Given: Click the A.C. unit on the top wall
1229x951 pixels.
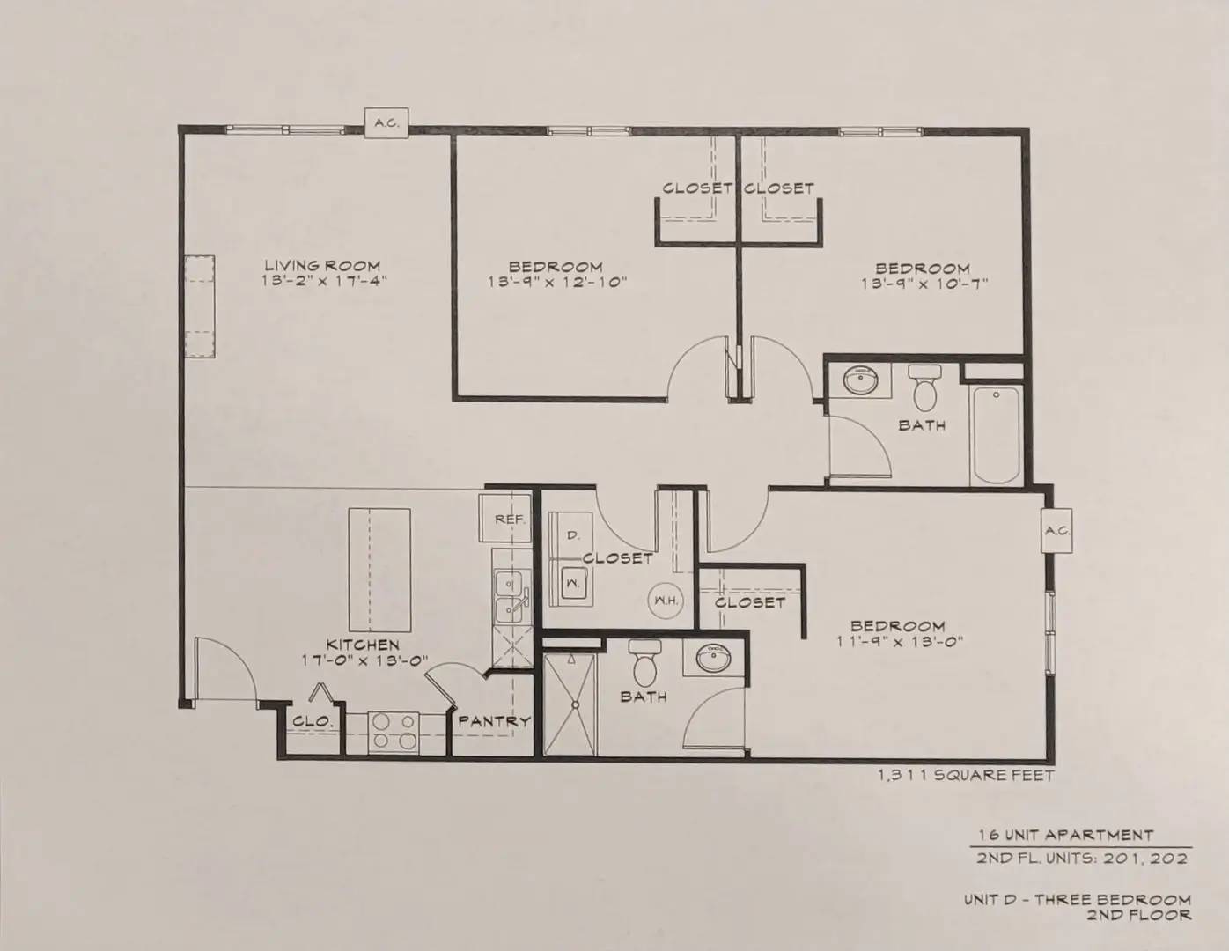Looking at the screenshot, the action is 386,122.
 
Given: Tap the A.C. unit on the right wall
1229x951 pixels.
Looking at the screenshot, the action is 1056,531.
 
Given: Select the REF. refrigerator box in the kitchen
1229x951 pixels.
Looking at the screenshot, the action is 505,519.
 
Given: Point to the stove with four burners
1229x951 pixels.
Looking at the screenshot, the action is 394,733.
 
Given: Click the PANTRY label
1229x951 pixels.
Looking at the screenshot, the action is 494,721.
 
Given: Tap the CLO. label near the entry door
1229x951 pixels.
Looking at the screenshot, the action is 312,721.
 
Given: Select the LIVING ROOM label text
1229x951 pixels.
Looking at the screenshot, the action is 322,265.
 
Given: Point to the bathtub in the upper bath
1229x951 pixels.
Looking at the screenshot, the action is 997,434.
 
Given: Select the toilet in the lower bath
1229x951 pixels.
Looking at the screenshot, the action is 644,663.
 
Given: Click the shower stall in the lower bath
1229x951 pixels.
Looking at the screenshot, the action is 570,704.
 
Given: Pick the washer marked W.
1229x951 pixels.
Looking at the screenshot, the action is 573,583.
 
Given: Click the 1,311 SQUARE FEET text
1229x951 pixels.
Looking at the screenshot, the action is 966,775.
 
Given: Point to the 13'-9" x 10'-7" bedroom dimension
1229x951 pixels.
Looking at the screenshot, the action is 924,284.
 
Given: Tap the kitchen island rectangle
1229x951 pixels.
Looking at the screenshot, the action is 379,570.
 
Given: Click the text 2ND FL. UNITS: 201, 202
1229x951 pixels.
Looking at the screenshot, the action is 1081,859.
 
